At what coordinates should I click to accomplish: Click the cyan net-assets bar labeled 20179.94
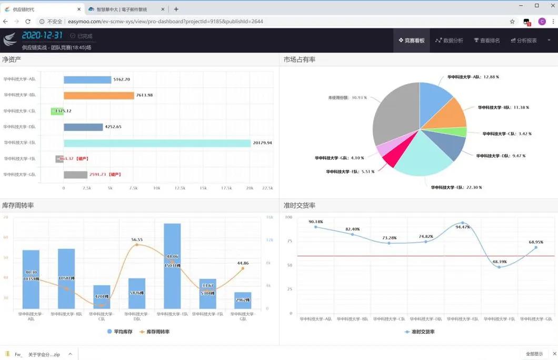pos(157,143)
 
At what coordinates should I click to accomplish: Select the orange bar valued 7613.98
pos(99,95)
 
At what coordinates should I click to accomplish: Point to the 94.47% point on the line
pos(463,223)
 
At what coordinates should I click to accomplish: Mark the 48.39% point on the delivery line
pos(500,267)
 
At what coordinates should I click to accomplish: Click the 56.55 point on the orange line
pos(137,245)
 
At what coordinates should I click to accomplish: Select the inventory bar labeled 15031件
pos(172,266)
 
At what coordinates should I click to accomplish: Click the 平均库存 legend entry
pos(121,332)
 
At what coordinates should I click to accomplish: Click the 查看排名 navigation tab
pos(487,41)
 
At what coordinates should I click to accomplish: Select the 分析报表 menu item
pos(524,41)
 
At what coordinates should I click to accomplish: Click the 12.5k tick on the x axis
pos(180,188)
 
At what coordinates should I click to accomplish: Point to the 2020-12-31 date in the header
pos(42,35)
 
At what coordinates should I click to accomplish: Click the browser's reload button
pos(28,22)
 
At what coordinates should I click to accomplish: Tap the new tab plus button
pos(176,9)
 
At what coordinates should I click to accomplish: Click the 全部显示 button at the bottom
pos(534,354)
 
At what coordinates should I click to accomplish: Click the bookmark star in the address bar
pos(512,22)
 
